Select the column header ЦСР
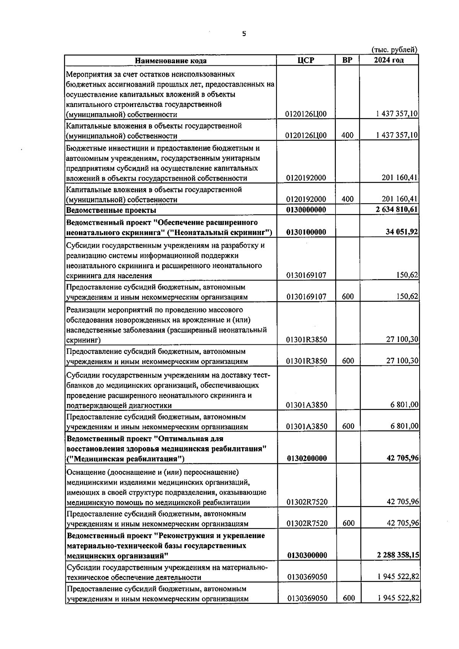pyautogui.click(x=306, y=60)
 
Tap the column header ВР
pyautogui.click(x=347, y=60)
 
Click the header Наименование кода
pyautogui.click(x=171, y=60)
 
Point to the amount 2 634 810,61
pyautogui.click(x=397, y=210)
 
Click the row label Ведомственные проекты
pyautogui.click(x=111, y=210)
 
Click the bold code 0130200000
pyautogui.click(x=306, y=458)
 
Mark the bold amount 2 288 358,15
pyautogui.click(x=397, y=555)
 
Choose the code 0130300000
pyautogui.click(x=306, y=555)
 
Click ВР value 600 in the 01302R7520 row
pyautogui.click(x=348, y=523)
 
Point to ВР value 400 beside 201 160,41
pyautogui.click(x=348, y=199)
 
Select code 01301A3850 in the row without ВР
pyautogui.click(x=306, y=405)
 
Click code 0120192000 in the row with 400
pyautogui.click(x=306, y=199)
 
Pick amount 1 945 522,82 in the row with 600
pyautogui.click(x=398, y=598)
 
